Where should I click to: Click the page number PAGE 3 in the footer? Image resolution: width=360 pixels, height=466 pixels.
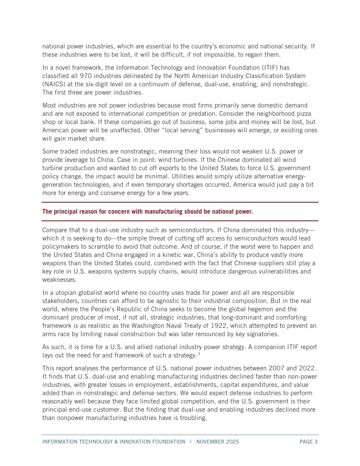pos(308,442)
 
